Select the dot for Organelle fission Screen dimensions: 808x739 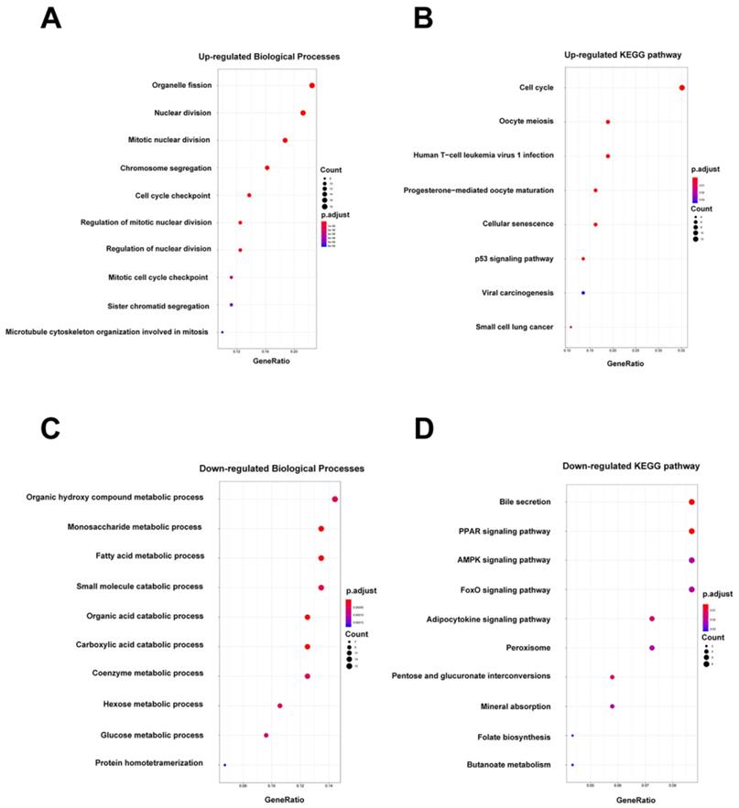(x=312, y=85)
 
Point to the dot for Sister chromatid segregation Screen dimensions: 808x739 (x=232, y=305)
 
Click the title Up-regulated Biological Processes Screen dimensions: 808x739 (x=269, y=57)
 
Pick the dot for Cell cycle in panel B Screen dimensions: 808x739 (x=682, y=88)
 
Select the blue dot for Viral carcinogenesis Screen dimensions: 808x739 (x=583, y=293)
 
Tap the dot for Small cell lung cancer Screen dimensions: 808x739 (x=571, y=327)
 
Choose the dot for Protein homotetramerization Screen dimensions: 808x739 (x=224, y=764)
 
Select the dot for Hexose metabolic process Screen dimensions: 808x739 (x=280, y=706)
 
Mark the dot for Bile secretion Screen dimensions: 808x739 (x=691, y=502)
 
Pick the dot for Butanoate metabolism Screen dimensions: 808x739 (x=572, y=765)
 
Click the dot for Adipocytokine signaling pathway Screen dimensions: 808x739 (x=652, y=619)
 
